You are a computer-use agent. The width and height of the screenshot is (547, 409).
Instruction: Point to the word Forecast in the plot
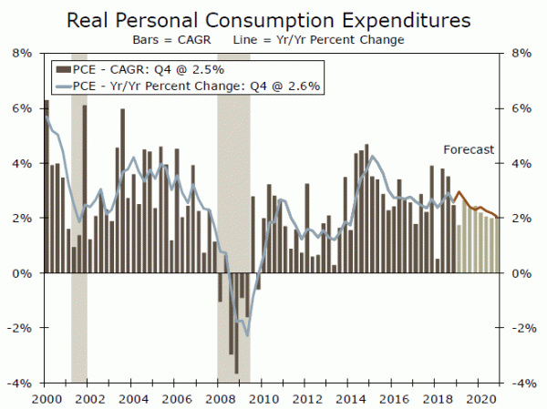click(x=468, y=149)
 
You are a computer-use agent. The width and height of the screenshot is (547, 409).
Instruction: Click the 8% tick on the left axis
click(x=23, y=53)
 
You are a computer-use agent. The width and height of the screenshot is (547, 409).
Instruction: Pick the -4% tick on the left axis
click(x=21, y=383)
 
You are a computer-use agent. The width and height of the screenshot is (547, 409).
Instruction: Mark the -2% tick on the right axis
click(x=521, y=329)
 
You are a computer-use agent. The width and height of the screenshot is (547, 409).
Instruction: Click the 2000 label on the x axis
click(x=45, y=399)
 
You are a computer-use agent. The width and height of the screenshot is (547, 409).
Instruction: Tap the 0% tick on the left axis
click(x=23, y=273)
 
